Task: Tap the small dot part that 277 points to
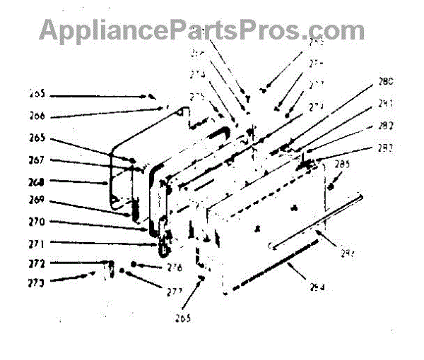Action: [x=123, y=272]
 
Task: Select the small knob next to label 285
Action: [x=331, y=186]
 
